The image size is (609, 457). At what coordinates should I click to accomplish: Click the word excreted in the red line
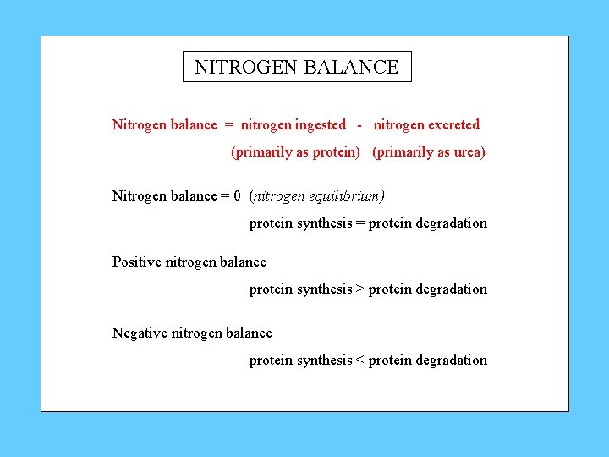[x=453, y=125]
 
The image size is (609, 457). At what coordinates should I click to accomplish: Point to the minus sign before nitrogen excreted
[x=359, y=125]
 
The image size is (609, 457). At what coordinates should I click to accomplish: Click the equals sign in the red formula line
[x=228, y=125]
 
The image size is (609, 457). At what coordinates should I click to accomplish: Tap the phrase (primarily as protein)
[x=296, y=152]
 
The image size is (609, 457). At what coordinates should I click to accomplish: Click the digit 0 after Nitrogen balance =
[x=237, y=196]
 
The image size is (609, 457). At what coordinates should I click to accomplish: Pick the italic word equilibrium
[x=348, y=196]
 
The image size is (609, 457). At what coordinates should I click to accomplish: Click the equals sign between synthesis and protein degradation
[x=360, y=223]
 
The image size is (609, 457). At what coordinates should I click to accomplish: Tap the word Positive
[x=137, y=262]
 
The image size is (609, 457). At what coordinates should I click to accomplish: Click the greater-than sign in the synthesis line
[x=360, y=289]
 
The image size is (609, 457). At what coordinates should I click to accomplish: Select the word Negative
[x=140, y=333]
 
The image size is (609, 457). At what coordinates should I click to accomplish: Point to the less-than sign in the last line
[x=360, y=361]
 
